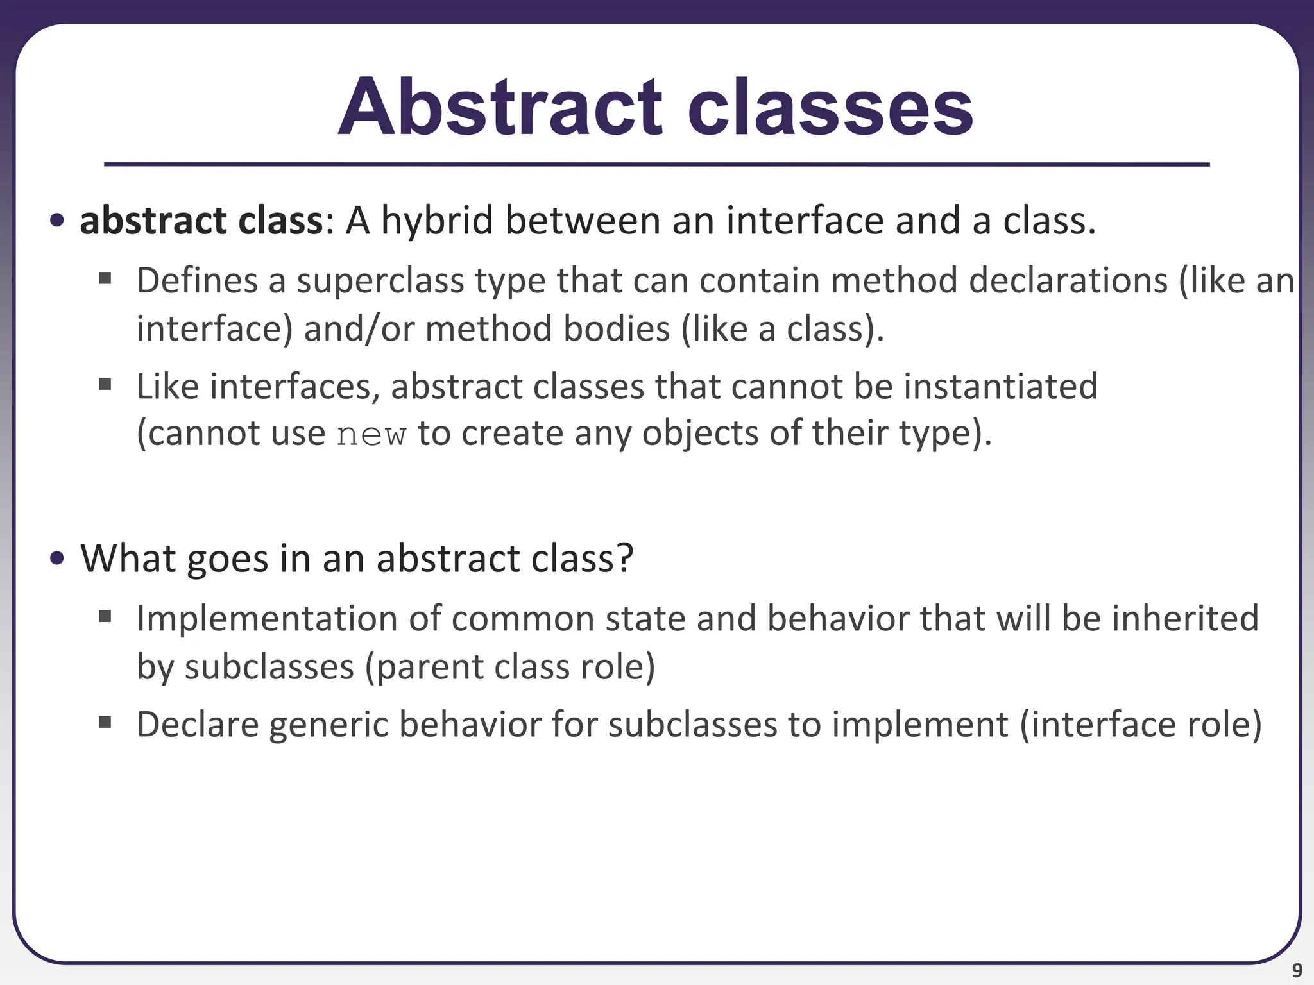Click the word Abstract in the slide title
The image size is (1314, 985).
pyautogui.click(x=499, y=108)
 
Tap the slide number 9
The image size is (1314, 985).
pyautogui.click(x=1297, y=970)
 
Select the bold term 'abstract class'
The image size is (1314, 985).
pyautogui.click(x=201, y=221)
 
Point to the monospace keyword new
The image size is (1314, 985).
pyautogui.click(x=371, y=434)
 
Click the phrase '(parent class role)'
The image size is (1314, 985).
pyautogui.click(x=510, y=666)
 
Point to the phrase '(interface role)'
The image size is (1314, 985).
pyautogui.click(x=1141, y=725)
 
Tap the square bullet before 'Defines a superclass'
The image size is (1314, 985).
pyautogui.click(x=105, y=279)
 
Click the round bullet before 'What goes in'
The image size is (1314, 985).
pyautogui.click(x=57, y=559)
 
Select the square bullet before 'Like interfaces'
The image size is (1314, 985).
pyautogui.click(x=105, y=385)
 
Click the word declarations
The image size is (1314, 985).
pyautogui.click(x=1068, y=281)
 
